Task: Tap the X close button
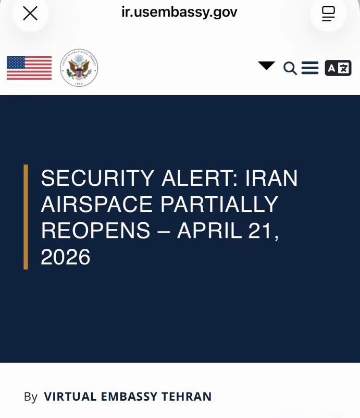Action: point(30,14)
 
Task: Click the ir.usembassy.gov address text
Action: point(179,12)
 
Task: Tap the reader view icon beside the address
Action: point(328,14)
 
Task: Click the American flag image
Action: point(29,68)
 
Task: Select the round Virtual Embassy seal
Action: point(79,68)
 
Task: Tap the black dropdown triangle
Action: point(266,66)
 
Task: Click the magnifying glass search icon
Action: point(290,68)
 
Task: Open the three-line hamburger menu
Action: point(310,68)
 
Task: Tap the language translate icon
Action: point(338,68)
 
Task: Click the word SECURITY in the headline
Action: point(97,178)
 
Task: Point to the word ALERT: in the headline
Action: point(200,178)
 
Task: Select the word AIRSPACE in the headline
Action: point(96,204)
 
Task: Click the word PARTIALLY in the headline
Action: point(219,204)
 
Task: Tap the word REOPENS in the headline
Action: point(95,230)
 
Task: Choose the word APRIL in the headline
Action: point(210,230)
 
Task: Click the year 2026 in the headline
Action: point(66,257)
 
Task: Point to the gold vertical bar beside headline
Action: point(26,217)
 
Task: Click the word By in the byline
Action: point(31,397)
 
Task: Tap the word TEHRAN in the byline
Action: point(187,397)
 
